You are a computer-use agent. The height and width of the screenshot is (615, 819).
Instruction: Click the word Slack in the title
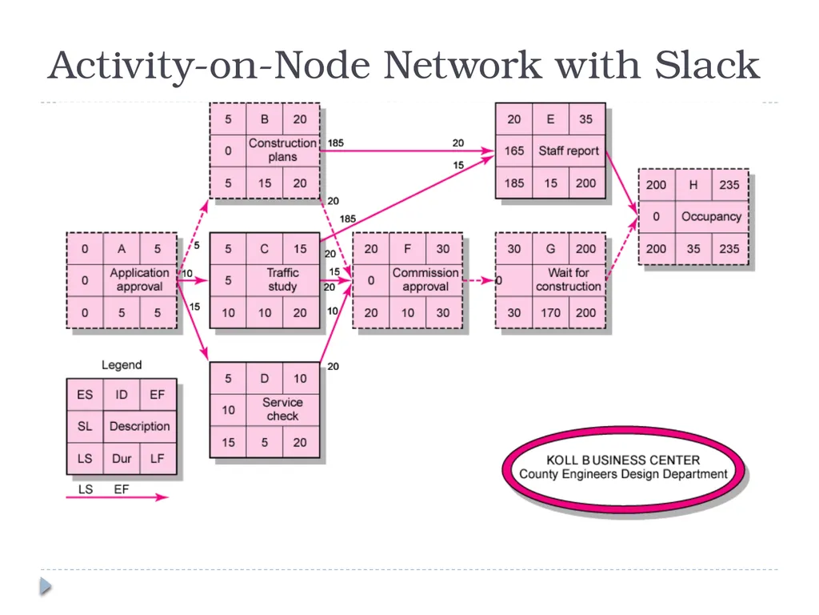click(707, 65)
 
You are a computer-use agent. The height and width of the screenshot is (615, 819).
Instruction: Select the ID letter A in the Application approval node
click(122, 249)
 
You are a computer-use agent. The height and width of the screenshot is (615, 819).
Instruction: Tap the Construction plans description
click(282, 150)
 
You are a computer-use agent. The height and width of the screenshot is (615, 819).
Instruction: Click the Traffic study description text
click(282, 279)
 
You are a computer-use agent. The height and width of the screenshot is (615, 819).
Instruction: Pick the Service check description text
click(282, 409)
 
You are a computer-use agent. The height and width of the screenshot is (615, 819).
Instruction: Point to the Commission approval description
click(425, 279)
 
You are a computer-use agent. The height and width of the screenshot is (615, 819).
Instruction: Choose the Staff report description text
click(569, 151)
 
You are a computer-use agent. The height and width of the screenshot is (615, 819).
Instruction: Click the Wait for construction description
click(569, 279)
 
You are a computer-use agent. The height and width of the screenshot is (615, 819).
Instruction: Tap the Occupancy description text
click(711, 216)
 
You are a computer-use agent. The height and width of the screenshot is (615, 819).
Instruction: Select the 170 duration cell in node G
click(550, 313)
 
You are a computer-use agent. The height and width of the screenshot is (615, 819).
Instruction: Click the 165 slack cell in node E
click(514, 151)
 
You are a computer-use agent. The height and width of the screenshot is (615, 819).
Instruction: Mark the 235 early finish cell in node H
click(729, 185)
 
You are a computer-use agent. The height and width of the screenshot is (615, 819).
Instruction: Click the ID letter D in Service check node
click(264, 379)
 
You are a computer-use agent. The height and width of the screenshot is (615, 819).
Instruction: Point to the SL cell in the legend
click(85, 426)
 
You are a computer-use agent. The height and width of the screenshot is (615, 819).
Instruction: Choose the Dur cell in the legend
click(122, 459)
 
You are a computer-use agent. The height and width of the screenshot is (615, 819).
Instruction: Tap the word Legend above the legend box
click(122, 365)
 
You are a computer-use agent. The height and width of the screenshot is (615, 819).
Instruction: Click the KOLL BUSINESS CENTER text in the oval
click(623, 460)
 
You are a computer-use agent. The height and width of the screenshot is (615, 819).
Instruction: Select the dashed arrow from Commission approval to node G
click(479, 281)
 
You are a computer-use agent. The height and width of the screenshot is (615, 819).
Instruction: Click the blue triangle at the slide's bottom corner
click(46, 585)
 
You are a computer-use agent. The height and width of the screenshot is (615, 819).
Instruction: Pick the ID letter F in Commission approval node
click(407, 249)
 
